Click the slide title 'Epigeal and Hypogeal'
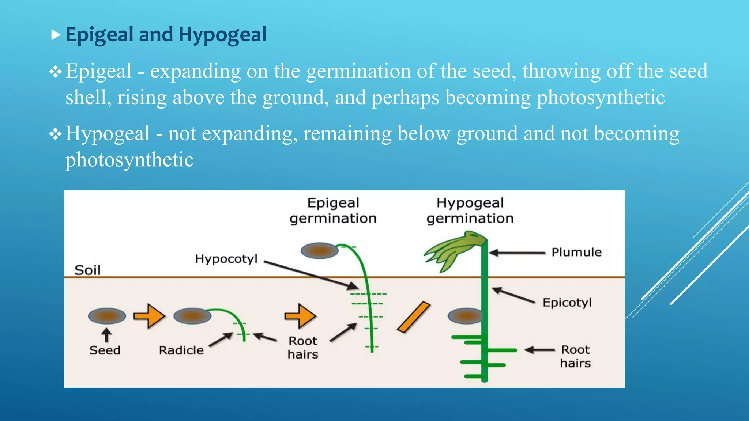tap(166, 35)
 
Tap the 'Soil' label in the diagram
tap(87, 270)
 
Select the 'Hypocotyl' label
tap(226, 259)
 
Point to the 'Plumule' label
tap(576, 252)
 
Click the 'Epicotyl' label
tap(567, 303)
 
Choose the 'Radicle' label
tap(181, 350)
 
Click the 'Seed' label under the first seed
tap(105, 350)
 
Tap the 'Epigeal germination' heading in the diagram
tap(333, 210)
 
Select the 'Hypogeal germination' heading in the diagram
tap(470, 210)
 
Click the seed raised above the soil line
tap(319, 251)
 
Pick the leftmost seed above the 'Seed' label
tap(107, 316)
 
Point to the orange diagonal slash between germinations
tap(414, 317)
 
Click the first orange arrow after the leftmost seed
tap(149, 316)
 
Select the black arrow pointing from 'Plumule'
tap(516, 253)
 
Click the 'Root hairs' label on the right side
tap(575, 356)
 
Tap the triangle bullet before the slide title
tap(56, 35)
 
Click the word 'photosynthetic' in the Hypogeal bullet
tap(129, 160)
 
